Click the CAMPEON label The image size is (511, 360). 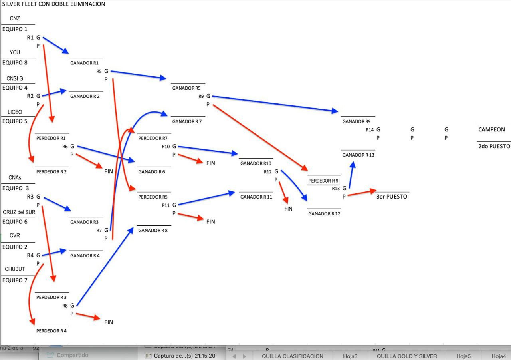pyautogui.click(x=491, y=129)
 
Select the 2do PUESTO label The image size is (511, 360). pyautogui.click(x=494, y=146)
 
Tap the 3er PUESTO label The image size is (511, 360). pyautogui.click(x=392, y=197)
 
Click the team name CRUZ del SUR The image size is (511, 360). pyautogui.click(x=19, y=212)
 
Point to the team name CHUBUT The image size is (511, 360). pyautogui.click(x=15, y=269)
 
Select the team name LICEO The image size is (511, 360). pyautogui.click(x=15, y=112)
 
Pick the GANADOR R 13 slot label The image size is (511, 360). pyautogui.click(x=358, y=155)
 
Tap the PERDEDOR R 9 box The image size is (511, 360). pyautogui.click(x=323, y=181)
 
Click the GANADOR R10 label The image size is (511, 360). pyautogui.click(x=255, y=163)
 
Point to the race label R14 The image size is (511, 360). pyautogui.click(x=370, y=130)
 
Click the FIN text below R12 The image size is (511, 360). pyautogui.click(x=288, y=209)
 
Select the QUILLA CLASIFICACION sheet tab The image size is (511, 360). pyautogui.click(x=293, y=356)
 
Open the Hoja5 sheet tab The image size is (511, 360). pyautogui.click(x=463, y=356)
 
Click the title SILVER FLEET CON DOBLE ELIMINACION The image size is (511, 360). pyautogui.click(x=54, y=4)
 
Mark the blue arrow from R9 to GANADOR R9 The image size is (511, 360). pyautogui.click(x=275, y=103)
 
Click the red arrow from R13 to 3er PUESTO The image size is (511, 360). pyautogui.click(x=361, y=193)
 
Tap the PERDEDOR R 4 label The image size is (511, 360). pyautogui.click(x=51, y=331)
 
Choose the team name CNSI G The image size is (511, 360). pyautogui.click(x=15, y=79)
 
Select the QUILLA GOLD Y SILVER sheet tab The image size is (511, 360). pyautogui.click(x=407, y=356)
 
